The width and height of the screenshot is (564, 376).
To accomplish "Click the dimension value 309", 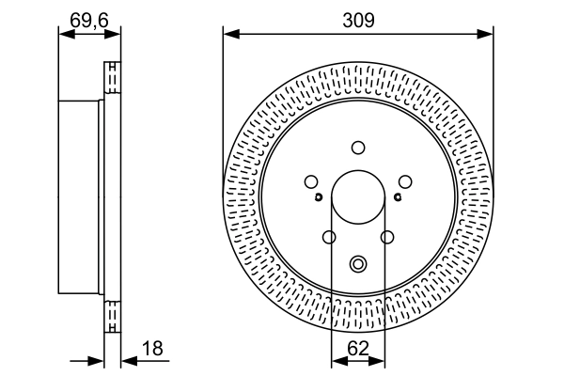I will pos(357,18).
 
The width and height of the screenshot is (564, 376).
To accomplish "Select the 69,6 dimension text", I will pos(88,18).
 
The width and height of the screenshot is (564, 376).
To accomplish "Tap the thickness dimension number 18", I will pos(151,349).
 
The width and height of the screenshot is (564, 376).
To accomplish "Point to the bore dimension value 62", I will pos(358,349).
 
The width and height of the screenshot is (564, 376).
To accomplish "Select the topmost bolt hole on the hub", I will pos(358,147).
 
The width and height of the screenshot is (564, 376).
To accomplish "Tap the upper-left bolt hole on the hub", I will pos(311,181).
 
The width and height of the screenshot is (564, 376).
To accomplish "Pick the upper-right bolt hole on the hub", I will pos(405,181).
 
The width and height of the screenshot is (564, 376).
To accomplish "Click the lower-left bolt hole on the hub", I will pos(329,237).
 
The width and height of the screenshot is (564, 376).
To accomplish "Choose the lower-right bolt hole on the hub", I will pos(387,237).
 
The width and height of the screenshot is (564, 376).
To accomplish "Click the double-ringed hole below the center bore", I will pos(358,265).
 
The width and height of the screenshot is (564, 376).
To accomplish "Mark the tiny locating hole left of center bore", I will pos(320,196).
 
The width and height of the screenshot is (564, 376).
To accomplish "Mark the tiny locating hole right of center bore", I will pos(398,196).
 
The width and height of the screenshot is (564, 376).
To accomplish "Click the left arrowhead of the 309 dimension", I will pos(228,34).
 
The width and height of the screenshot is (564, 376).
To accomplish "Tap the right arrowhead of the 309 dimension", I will pos(488,34).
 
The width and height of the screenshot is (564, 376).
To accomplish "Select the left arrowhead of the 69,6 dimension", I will pos(64,34).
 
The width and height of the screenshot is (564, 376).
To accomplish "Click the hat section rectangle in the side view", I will pos(80,196).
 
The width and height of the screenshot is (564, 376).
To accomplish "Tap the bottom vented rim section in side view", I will pos(113,315).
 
